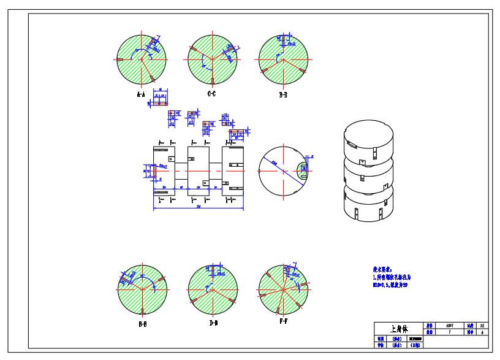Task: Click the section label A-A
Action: coord(141,95)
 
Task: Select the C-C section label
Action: coord(211,94)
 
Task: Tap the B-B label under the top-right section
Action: coord(283,95)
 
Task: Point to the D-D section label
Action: coord(213,322)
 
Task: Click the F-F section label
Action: coord(283,321)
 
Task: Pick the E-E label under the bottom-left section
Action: coord(142,323)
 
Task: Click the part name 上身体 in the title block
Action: coord(398,328)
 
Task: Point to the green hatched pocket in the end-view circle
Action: coord(303,170)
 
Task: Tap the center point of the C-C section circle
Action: coord(212,59)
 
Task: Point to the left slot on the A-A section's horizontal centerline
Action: coord(121,59)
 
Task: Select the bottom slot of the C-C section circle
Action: coord(212,80)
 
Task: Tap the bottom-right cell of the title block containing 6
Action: coord(483,332)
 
